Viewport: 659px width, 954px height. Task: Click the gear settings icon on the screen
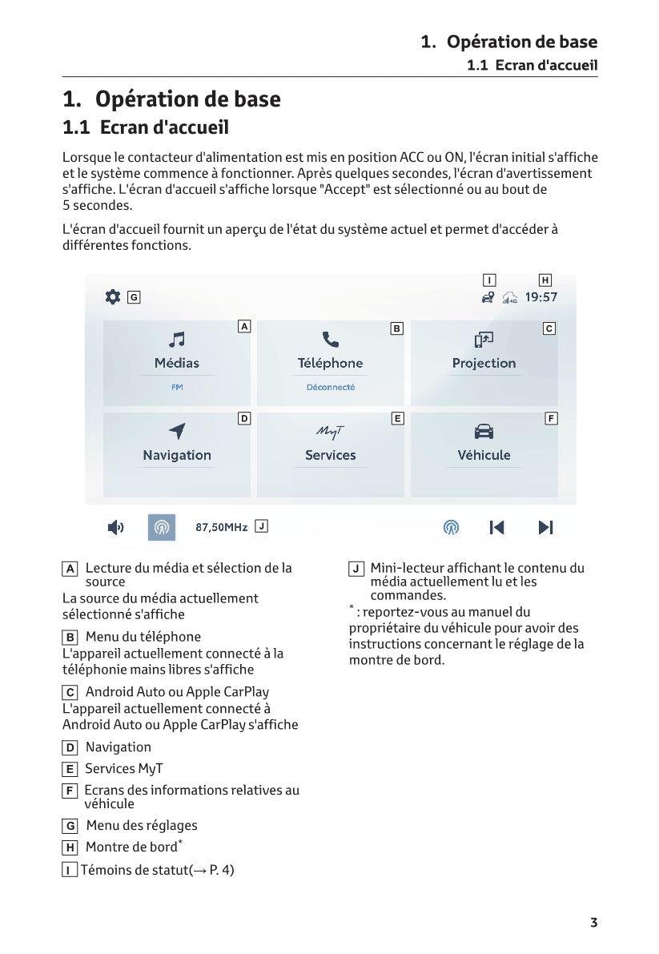tap(113, 296)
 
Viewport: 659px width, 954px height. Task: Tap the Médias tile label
tap(177, 363)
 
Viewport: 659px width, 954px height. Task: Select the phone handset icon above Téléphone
tap(330, 340)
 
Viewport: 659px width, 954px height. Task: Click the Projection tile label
tap(484, 363)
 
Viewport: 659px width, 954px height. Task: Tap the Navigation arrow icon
tap(177, 431)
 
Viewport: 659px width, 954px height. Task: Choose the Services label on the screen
tap(330, 455)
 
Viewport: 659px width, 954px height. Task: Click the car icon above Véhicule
tap(484, 432)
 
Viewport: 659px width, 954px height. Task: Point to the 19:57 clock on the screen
tap(540, 297)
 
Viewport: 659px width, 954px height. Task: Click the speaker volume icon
tap(116, 527)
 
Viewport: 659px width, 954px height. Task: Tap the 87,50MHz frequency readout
tap(222, 527)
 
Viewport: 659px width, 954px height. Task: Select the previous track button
tap(496, 527)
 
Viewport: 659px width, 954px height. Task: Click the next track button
tap(545, 527)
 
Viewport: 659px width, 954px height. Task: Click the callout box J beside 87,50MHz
tap(261, 526)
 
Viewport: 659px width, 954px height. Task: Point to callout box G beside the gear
tap(134, 297)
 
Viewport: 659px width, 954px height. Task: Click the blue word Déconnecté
tap(330, 387)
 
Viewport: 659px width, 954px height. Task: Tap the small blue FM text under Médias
tap(177, 387)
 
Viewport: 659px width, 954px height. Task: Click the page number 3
tap(593, 923)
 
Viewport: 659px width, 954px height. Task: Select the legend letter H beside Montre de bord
tap(70, 847)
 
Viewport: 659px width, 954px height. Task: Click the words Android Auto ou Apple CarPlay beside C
tap(177, 691)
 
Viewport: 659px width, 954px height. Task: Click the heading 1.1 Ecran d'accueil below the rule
tap(146, 127)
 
